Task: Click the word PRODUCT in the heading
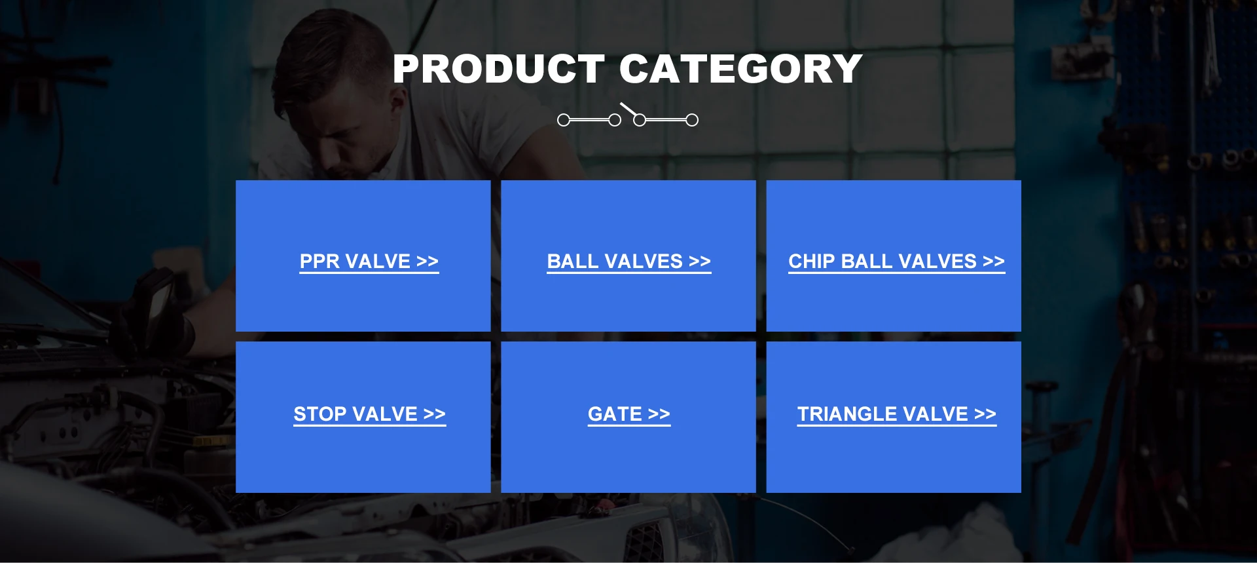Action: point(499,69)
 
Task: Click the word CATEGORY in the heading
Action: point(740,69)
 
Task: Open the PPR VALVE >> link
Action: point(369,262)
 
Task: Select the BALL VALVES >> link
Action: point(629,262)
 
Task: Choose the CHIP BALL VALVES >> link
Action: point(896,262)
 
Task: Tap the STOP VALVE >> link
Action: point(370,414)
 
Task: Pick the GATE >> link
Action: point(629,414)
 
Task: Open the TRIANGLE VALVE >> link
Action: point(897,414)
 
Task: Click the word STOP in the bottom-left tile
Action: point(319,414)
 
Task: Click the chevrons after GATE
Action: point(659,414)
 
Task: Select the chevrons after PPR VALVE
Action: point(428,262)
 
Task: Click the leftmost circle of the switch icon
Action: point(564,120)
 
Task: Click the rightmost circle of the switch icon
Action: point(692,120)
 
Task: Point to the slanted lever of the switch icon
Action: point(628,109)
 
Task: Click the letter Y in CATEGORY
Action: point(845,69)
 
